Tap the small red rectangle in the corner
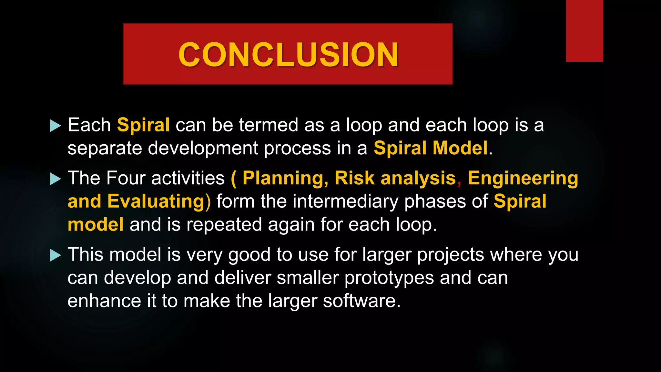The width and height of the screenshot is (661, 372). point(584,31)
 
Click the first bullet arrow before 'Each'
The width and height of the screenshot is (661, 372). point(56,126)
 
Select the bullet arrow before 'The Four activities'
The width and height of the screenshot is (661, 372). point(56,179)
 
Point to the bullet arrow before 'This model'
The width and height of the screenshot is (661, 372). point(56,255)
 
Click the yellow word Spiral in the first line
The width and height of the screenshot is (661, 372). point(143,125)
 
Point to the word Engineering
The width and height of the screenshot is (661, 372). point(523,178)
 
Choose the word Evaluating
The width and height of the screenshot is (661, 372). point(156,201)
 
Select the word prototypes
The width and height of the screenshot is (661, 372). point(389,278)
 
